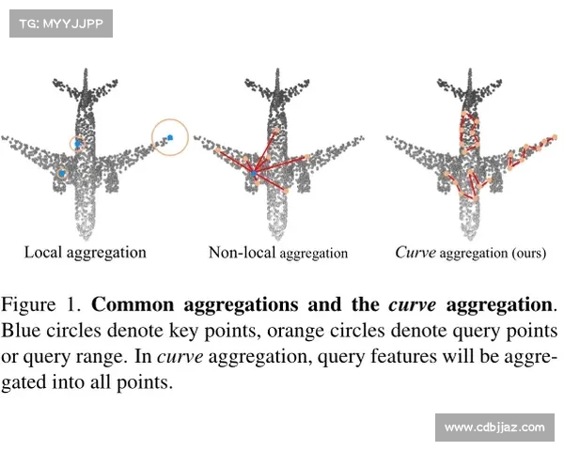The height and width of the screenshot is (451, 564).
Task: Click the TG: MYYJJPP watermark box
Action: pos(61,23)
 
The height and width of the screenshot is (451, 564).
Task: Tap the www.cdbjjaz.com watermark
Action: pos(494,428)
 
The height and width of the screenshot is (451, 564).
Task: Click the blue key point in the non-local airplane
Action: pos(254,174)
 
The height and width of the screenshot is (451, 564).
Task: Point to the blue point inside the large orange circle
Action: pos(170,137)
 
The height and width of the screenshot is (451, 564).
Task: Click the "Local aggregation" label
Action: pos(86,253)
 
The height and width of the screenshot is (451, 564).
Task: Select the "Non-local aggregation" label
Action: pos(278,253)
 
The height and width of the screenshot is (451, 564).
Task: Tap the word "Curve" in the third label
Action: pos(415,252)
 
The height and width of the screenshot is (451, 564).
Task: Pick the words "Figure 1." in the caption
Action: pos(41,304)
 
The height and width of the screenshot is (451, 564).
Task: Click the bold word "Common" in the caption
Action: pos(133,304)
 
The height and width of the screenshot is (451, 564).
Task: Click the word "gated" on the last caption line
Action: pos(23,382)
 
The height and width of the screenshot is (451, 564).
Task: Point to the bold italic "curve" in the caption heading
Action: pos(413,305)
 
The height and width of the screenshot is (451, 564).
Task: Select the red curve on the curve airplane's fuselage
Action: pos(469,132)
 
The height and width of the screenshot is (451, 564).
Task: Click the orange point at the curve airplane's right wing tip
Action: pos(555,137)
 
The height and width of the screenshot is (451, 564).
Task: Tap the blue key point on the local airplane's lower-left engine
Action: pos(62,173)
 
